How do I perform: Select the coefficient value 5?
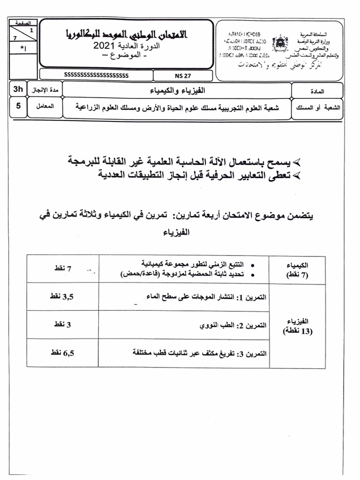(18, 105)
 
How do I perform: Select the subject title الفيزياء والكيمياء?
(176, 90)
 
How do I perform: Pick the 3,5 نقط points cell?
(62, 296)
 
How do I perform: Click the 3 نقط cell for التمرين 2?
(60, 324)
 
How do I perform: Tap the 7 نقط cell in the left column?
(62, 268)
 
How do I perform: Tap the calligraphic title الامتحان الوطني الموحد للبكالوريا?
(126, 34)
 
